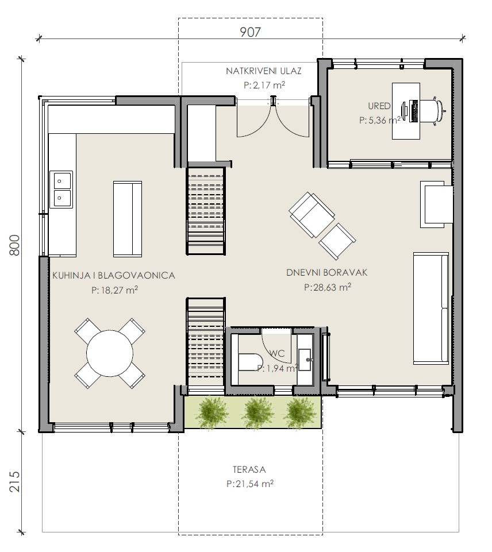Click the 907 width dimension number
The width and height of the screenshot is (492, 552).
pyautogui.click(x=250, y=32)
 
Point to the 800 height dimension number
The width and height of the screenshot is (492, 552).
pyautogui.click(x=14, y=245)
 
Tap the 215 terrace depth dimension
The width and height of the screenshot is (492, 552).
pyautogui.click(x=14, y=481)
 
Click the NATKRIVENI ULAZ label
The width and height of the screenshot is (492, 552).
pyautogui.click(x=263, y=71)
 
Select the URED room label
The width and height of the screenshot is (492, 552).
pyautogui.click(x=379, y=106)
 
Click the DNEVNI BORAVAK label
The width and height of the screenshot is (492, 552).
pyautogui.click(x=327, y=272)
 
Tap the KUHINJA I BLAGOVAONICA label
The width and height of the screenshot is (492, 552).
pyautogui.click(x=114, y=275)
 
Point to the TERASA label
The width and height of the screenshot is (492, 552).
pyautogui.click(x=249, y=469)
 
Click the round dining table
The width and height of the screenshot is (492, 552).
pyautogui.click(x=110, y=353)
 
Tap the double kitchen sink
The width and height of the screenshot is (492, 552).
pyautogui.click(x=61, y=190)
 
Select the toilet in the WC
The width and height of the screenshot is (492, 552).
pyautogui.click(x=251, y=362)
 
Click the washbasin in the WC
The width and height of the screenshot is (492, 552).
pyautogui.click(x=305, y=360)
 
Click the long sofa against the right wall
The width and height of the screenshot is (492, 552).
pyautogui.click(x=431, y=308)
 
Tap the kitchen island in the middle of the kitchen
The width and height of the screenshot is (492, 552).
pyautogui.click(x=128, y=219)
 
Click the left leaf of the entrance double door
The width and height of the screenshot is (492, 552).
pyautogui.click(x=254, y=118)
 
